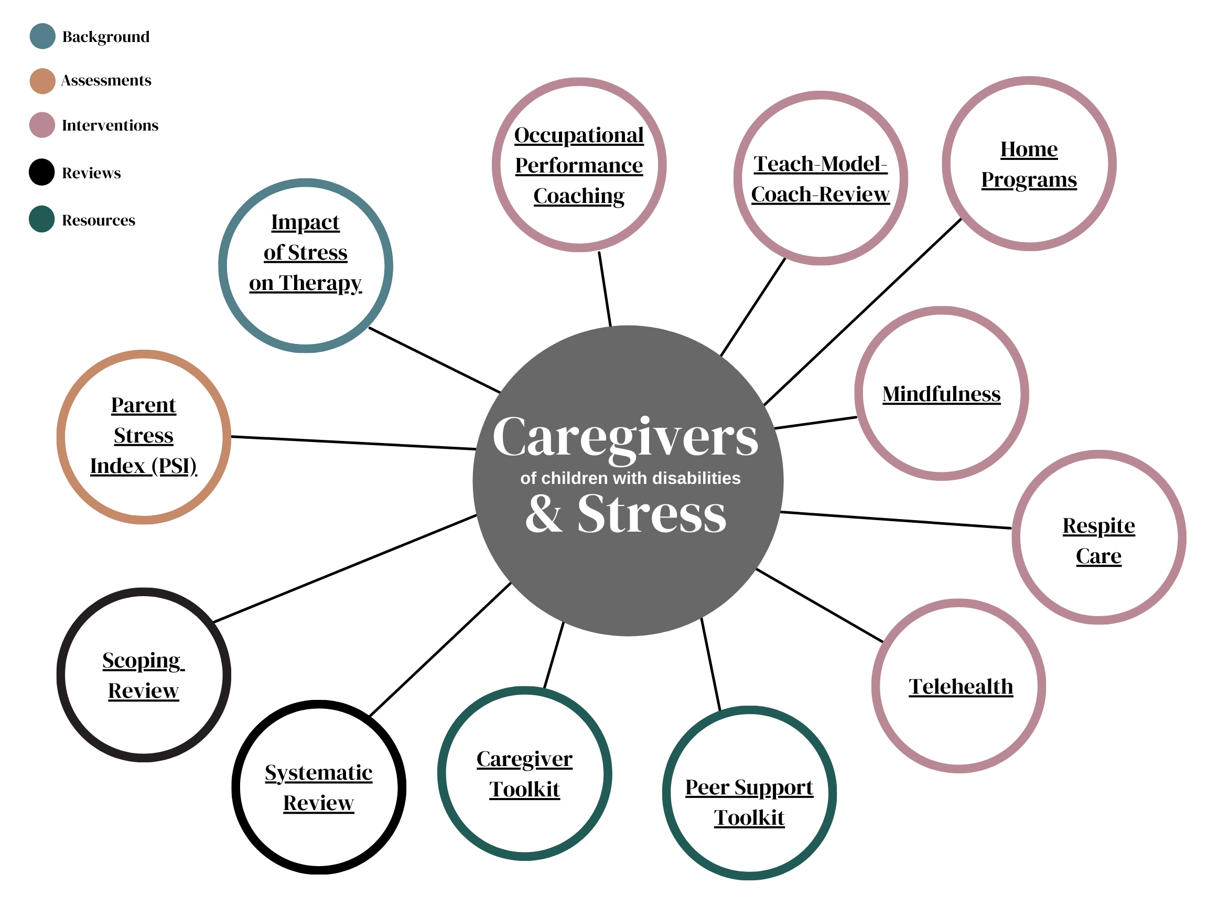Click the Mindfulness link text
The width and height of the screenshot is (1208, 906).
point(942,394)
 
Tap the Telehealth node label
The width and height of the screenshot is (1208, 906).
point(961,686)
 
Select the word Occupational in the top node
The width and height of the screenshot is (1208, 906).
point(579,135)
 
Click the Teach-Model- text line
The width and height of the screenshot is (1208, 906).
point(820,164)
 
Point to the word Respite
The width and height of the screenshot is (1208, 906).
point(1099,525)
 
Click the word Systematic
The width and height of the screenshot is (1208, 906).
point(318,772)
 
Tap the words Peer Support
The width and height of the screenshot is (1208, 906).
point(749,787)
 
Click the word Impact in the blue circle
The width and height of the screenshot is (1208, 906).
point(305,222)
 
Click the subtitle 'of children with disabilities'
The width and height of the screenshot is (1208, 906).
point(630,478)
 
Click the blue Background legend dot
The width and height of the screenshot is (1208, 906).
point(42,37)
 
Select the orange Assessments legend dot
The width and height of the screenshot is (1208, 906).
point(42,81)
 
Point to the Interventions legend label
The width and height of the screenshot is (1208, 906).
point(110,125)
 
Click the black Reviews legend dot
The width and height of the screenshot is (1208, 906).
point(42,172)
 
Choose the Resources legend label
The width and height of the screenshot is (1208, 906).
point(98,220)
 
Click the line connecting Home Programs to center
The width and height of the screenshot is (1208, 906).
point(863,312)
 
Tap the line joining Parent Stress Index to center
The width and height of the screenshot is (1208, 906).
point(353,443)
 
